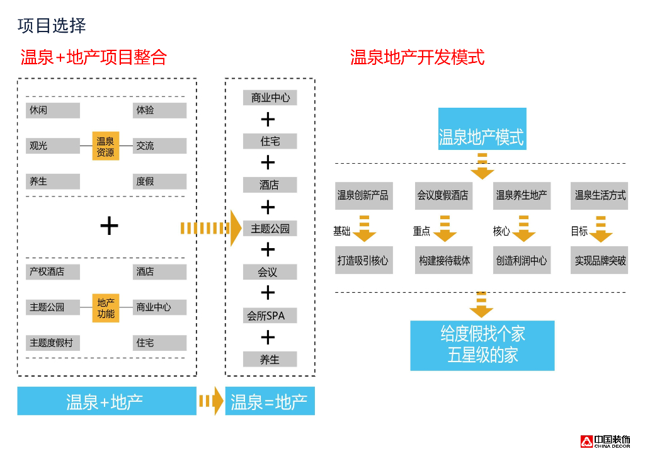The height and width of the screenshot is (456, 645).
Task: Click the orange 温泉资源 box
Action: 105,146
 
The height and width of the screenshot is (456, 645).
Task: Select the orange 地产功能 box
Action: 105,307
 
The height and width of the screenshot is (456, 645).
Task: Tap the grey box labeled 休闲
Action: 53,110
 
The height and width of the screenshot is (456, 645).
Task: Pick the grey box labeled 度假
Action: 159,181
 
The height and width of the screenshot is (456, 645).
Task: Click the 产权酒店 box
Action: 53,272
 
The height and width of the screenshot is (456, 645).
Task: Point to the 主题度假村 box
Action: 53,343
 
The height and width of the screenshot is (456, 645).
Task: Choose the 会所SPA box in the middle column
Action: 270,315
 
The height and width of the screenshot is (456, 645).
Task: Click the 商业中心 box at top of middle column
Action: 270,98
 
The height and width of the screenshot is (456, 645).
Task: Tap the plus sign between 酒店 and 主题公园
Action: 268,207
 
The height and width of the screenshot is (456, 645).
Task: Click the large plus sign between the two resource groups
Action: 109,225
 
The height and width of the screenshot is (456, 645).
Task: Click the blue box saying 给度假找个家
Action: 482,345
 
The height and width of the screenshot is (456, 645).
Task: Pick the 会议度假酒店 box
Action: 443,196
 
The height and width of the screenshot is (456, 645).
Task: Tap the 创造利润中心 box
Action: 521,260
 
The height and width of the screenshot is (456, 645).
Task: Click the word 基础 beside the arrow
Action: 341,231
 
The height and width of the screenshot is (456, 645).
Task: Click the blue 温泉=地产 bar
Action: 270,401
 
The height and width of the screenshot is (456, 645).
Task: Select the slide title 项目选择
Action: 52,26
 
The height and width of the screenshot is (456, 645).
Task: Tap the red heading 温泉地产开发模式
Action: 417,57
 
